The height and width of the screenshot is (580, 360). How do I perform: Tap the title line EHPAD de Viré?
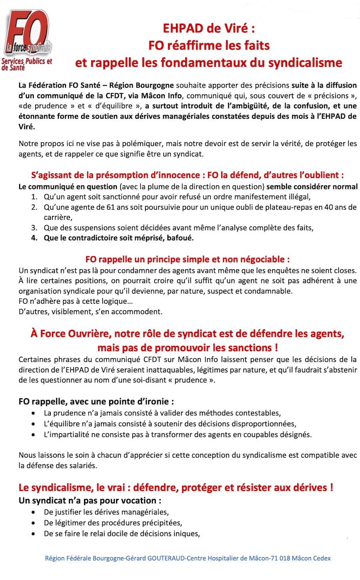point(209,28)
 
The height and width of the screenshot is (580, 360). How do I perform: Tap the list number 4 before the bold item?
point(34,238)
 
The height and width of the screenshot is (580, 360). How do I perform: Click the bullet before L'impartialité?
point(34,435)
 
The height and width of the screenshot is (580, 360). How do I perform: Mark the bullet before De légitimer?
point(34,523)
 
